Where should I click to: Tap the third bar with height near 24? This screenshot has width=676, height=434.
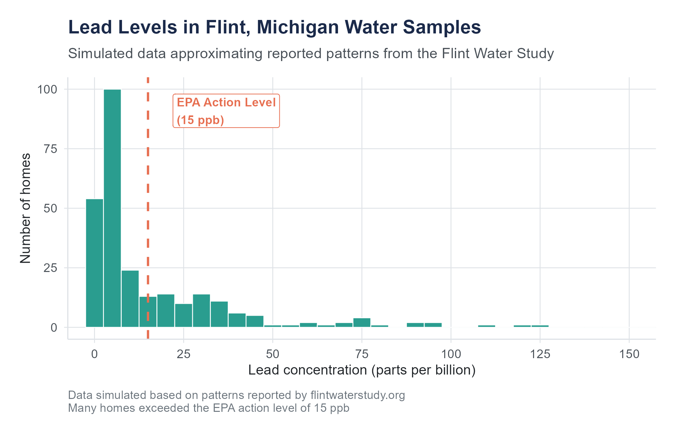[130, 299]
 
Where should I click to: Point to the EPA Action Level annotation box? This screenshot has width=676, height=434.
[226, 111]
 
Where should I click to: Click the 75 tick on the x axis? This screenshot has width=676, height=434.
[362, 354]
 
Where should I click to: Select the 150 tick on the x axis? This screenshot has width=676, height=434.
[629, 354]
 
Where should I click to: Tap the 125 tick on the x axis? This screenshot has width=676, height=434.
[540, 354]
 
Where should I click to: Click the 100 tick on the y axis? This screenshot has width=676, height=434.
[47, 89]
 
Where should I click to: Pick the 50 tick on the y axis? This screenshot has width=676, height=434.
[51, 208]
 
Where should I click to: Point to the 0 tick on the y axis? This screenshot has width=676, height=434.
[54, 328]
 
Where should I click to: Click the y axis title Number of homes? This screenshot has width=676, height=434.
[25, 208]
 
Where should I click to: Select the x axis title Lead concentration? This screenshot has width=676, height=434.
[362, 370]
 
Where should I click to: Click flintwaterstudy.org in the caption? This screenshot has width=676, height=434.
[358, 395]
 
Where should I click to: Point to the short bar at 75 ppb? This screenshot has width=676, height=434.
[362, 322]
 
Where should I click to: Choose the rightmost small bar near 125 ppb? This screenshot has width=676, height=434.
[540, 326]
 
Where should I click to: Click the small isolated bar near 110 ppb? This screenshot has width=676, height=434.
[486, 326]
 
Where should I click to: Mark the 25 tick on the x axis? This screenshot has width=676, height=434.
[183, 354]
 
